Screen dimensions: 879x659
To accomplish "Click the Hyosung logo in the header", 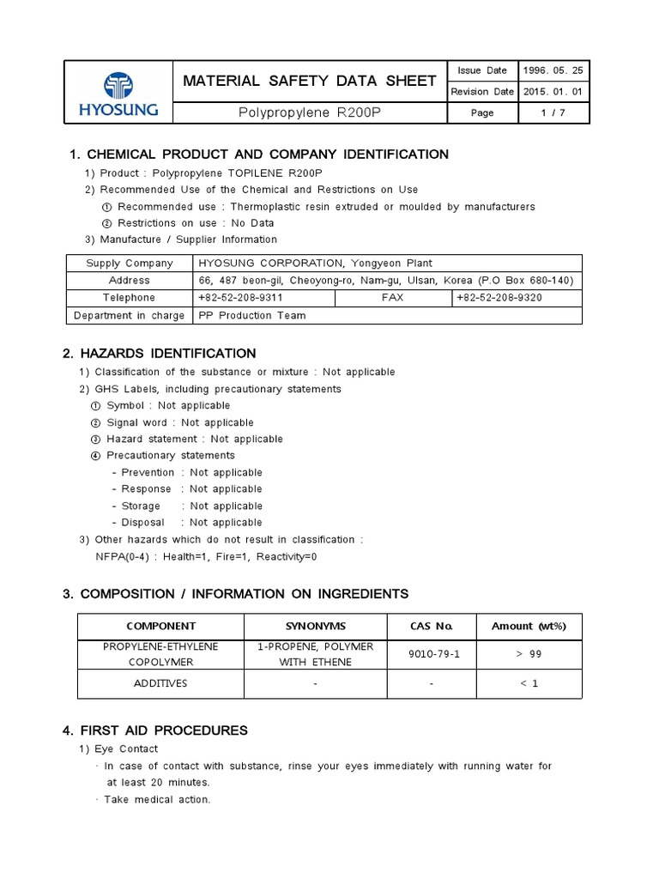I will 118,93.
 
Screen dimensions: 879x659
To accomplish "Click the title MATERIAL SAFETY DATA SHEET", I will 309,81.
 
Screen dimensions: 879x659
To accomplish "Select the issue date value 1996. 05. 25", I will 554,70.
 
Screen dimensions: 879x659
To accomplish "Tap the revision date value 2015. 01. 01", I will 554,92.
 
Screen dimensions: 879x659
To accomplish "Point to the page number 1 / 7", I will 554,113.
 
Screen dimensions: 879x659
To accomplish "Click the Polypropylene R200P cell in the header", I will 309,113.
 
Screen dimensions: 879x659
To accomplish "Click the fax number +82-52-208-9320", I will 499,298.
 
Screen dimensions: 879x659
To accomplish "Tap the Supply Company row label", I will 130,264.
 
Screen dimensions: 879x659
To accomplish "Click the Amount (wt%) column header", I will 529,626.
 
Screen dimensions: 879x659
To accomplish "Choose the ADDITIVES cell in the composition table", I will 160,683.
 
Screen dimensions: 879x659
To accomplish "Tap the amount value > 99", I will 529,654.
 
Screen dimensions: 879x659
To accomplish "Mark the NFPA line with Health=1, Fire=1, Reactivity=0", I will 206,556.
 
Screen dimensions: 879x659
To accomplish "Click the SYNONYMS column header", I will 316,626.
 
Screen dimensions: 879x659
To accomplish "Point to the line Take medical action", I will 156,799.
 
